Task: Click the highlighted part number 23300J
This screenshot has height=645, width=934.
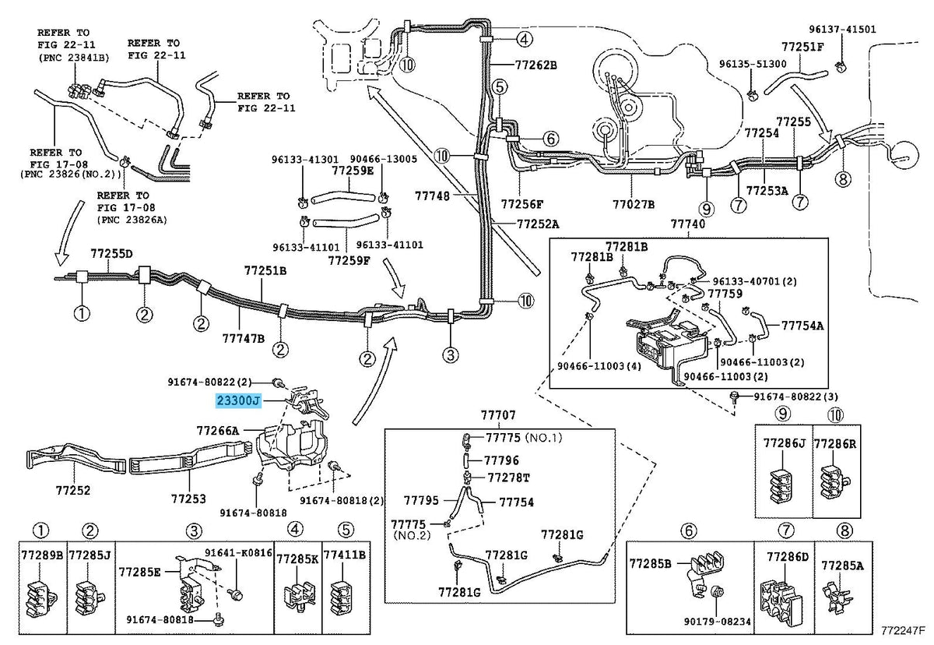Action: point(238,401)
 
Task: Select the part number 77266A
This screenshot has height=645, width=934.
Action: point(218,430)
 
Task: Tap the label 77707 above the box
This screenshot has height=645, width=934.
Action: point(498,415)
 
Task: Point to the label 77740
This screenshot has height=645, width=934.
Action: point(688,224)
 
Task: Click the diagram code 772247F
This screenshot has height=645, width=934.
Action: point(903,631)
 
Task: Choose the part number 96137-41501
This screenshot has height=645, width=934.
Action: point(843,29)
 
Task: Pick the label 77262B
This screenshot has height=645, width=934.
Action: point(535,65)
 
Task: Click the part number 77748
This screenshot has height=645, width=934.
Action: point(432,196)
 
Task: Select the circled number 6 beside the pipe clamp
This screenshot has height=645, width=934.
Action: point(550,138)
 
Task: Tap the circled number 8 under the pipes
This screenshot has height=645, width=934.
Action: point(843,179)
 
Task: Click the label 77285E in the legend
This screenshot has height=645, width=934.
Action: point(139,572)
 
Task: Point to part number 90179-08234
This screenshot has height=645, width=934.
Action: point(717,622)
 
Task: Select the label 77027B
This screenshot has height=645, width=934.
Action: point(634,204)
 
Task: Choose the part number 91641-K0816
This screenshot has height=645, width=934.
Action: point(238,553)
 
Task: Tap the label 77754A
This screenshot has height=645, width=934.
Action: point(802,326)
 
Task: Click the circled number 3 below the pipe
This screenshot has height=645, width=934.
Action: point(451,355)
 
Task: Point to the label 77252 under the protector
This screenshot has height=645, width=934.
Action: point(73,490)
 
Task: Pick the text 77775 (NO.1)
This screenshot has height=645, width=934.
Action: point(524,437)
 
